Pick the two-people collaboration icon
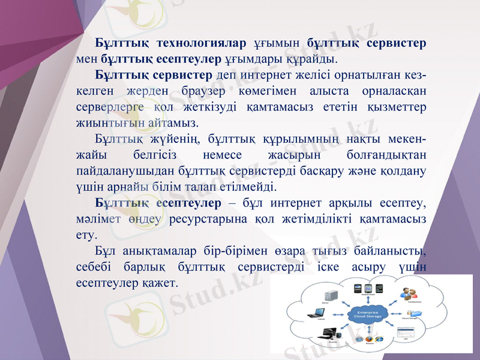[x=409, y=294]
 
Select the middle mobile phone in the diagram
[x=369, y=286]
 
